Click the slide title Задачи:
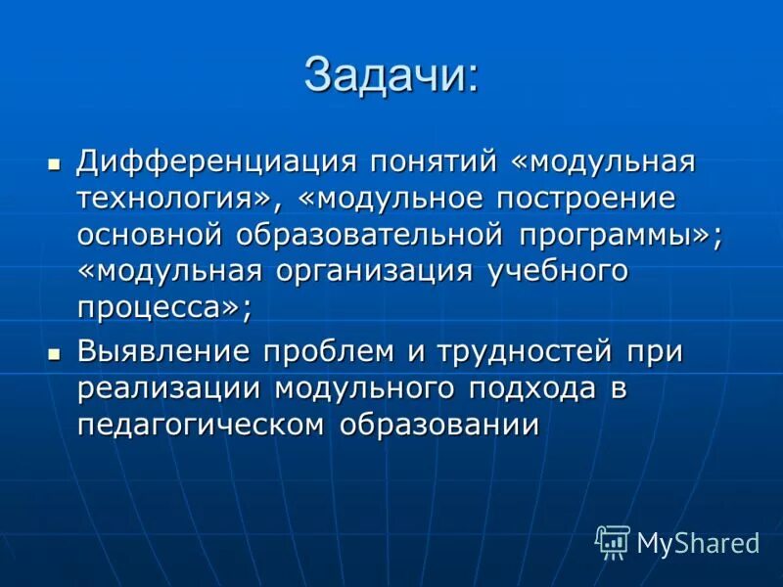tap(391, 76)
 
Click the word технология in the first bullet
tap(173, 199)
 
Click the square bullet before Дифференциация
tap(55, 160)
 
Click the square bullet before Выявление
tap(55, 351)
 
